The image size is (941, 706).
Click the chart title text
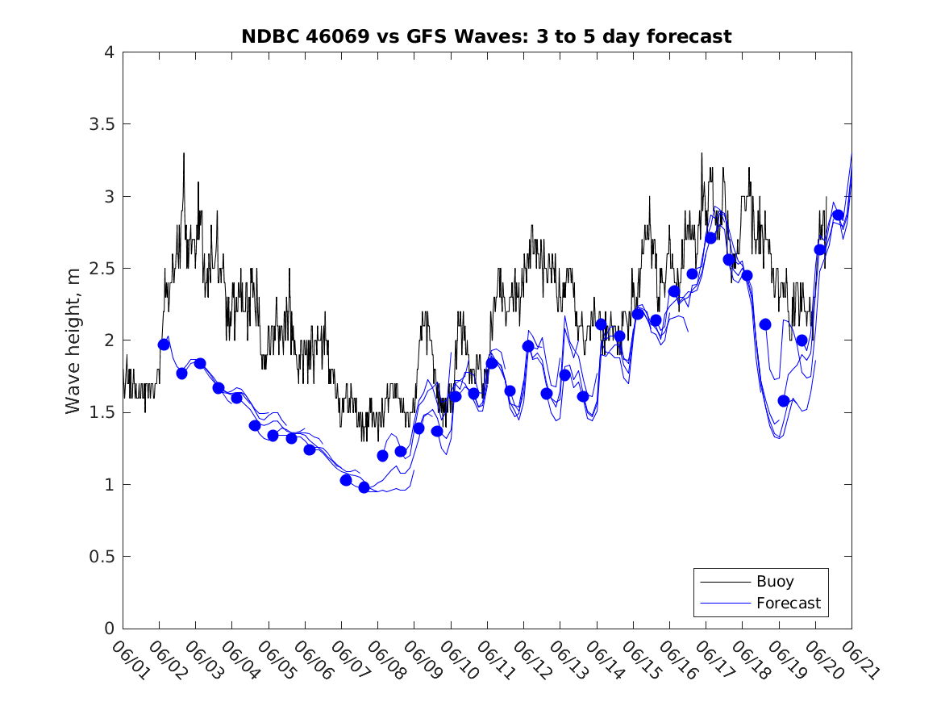(x=486, y=36)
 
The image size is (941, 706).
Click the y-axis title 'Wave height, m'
(x=73, y=340)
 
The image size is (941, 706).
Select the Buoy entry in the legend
(x=774, y=581)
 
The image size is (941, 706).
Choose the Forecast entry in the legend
(x=788, y=603)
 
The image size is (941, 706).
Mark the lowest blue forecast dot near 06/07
(x=364, y=487)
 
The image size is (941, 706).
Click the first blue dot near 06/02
(x=164, y=345)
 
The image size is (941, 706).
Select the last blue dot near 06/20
(x=839, y=215)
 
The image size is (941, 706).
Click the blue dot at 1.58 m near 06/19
(x=784, y=401)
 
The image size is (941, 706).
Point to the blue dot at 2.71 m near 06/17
(x=710, y=237)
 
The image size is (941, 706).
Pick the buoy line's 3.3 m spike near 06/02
(x=184, y=154)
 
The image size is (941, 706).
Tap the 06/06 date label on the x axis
(x=310, y=661)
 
